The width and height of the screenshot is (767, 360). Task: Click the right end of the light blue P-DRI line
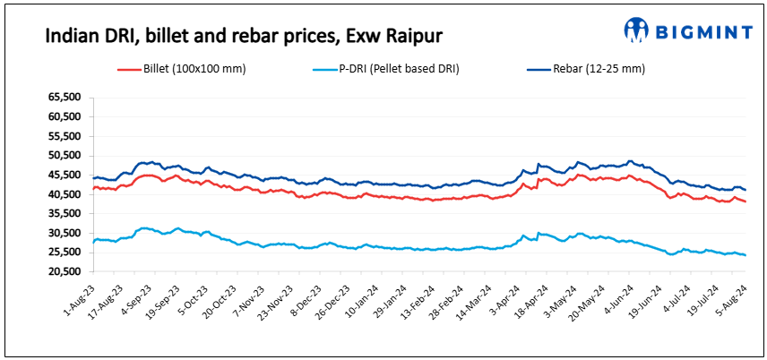tap(745, 255)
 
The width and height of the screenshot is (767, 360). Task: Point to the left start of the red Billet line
tap(93, 189)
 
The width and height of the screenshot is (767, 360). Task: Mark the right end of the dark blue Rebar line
tap(745, 190)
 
